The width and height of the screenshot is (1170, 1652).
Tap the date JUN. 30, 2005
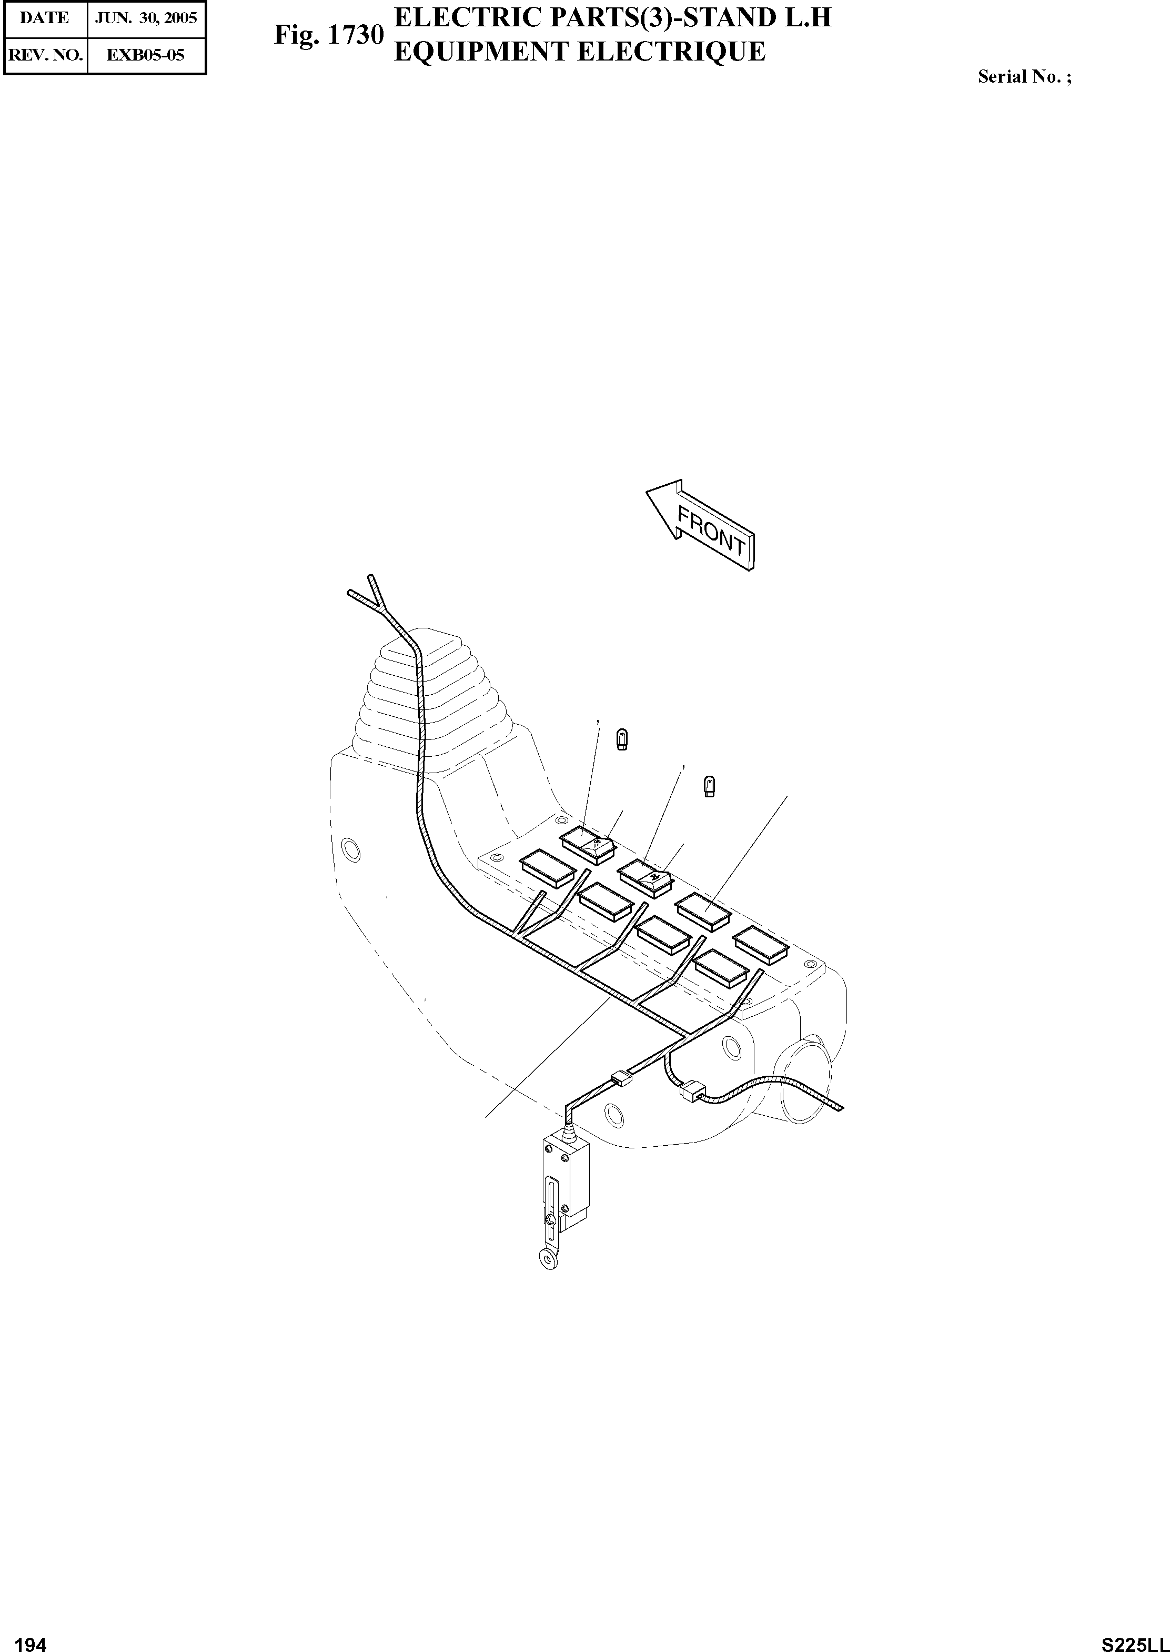(146, 18)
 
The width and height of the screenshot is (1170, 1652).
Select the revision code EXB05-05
(146, 55)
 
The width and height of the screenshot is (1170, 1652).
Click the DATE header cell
(45, 18)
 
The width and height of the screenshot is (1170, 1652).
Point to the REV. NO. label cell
(45, 55)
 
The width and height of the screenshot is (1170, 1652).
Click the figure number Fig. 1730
(328, 35)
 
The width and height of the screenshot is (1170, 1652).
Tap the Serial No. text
(1024, 77)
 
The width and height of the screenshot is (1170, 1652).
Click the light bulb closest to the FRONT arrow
(710, 786)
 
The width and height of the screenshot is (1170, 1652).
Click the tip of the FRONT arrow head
(647, 493)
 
